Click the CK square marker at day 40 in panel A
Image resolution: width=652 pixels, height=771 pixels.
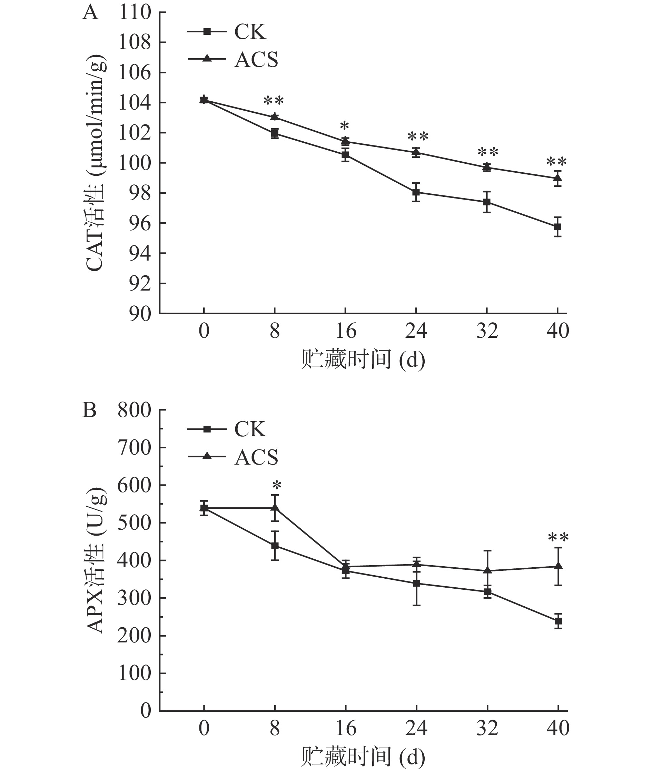click(557, 227)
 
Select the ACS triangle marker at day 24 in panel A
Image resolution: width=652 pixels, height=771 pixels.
click(416, 151)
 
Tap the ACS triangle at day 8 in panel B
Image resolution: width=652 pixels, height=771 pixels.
click(275, 508)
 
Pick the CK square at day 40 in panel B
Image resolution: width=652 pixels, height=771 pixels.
click(558, 621)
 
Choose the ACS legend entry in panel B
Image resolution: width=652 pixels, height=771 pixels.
click(233, 457)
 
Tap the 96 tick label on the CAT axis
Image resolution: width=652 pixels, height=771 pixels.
click(140, 223)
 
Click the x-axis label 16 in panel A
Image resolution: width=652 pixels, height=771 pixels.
click(346, 331)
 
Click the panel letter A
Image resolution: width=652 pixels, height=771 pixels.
click(90, 13)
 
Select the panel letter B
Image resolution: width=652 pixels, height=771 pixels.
click(89, 410)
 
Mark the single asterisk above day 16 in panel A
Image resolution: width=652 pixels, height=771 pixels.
click(345, 126)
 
